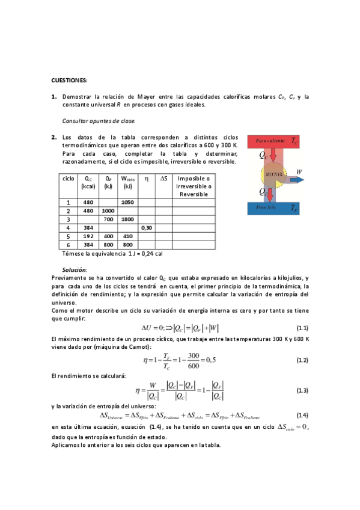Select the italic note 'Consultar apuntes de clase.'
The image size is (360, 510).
(x=99, y=120)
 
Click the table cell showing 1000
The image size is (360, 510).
(x=108, y=211)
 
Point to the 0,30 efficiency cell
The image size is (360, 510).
(x=146, y=229)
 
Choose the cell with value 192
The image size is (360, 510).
(x=88, y=237)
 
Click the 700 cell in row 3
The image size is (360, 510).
(x=108, y=220)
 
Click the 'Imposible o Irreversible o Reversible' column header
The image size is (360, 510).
(x=194, y=186)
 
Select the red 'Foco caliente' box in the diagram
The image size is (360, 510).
(x=274, y=141)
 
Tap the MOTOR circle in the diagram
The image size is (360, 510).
(x=274, y=174)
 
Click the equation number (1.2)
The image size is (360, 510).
(x=302, y=360)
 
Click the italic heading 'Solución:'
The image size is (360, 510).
(x=75, y=269)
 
